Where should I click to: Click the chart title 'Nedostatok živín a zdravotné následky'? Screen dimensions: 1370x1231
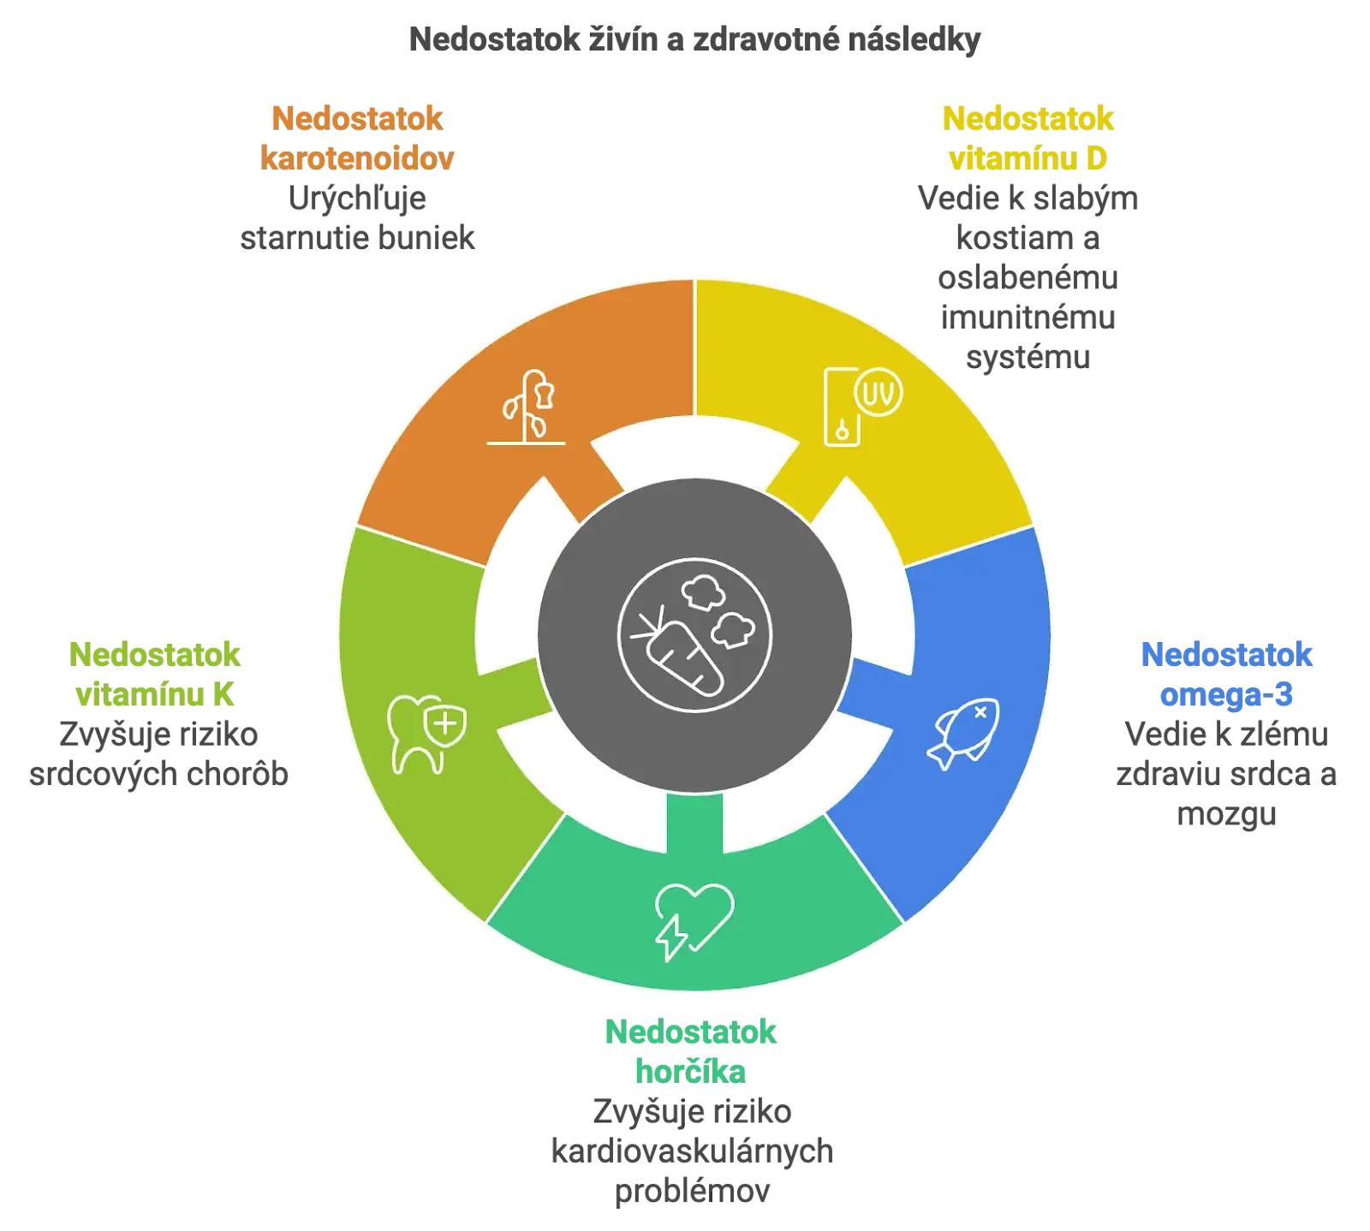694,40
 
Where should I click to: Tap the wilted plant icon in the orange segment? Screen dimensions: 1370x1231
527,407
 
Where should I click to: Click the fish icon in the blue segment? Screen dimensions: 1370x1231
963,734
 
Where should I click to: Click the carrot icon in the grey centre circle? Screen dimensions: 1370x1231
694,635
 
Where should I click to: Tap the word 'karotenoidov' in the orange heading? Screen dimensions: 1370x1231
357,158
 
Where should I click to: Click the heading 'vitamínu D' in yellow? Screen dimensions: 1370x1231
1027,158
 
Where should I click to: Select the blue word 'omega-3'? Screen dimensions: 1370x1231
1226,694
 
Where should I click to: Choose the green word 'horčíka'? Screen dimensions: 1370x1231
690,1071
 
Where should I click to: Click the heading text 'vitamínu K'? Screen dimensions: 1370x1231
154,694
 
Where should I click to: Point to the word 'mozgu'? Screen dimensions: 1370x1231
1226,815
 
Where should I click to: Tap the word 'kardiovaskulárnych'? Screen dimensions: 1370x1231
692,1151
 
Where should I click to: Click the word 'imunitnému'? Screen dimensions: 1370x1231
1027,318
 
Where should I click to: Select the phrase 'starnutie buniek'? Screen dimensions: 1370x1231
357,238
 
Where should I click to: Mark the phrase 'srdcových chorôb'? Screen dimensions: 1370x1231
158,775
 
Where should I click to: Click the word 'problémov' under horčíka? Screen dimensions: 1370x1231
692,1192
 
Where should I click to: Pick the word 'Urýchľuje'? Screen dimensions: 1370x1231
357,199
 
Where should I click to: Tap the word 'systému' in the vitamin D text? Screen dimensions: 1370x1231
1027,358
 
